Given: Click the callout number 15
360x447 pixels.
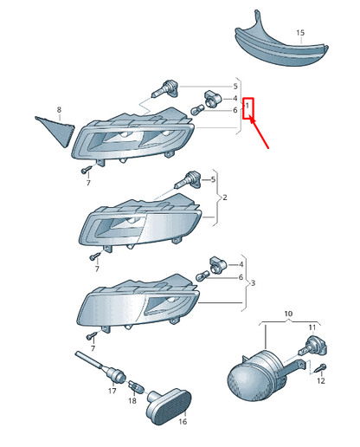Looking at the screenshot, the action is (x=300, y=33).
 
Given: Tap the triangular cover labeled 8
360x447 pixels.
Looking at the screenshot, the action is (x=56, y=131).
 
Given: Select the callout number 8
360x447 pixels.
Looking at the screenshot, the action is (x=59, y=110).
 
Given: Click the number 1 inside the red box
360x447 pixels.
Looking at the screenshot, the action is (x=247, y=107).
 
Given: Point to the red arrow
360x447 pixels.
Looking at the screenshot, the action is (x=259, y=133).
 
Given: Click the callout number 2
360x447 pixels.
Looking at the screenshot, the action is (x=225, y=198).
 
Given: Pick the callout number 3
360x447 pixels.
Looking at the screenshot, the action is (x=253, y=283).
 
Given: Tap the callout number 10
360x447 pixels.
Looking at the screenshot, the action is (x=288, y=314).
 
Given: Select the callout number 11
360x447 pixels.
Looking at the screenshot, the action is (x=312, y=327).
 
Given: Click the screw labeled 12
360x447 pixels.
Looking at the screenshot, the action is (x=321, y=368).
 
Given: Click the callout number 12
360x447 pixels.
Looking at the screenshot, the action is (x=321, y=381).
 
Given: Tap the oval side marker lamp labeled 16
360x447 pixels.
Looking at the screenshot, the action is (x=169, y=406).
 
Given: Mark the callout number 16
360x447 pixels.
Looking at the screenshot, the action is (x=183, y=422).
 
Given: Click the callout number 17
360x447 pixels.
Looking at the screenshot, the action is (x=112, y=392).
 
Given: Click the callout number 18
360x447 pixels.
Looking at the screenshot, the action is (x=132, y=401).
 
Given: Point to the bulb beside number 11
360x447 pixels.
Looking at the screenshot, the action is (x=313, y=347).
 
